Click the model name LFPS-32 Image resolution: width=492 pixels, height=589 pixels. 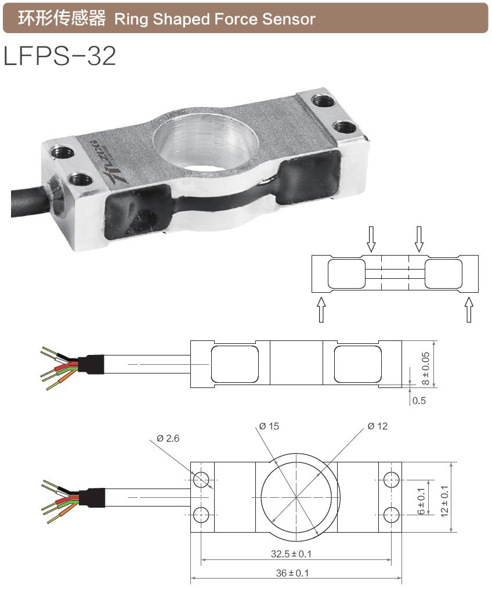[x=60, y=56]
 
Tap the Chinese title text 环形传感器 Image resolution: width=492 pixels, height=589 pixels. [x=62, y=19]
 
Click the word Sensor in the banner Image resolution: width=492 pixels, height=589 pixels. [x=288, y=19]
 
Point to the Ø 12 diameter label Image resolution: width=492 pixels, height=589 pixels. [x=377, y=426]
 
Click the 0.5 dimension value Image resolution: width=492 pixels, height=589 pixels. [x=418, y=401]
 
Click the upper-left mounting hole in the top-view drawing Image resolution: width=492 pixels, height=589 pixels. [x=202, y=480]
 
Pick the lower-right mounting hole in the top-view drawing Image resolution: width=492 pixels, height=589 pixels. [x=391, y=514]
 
